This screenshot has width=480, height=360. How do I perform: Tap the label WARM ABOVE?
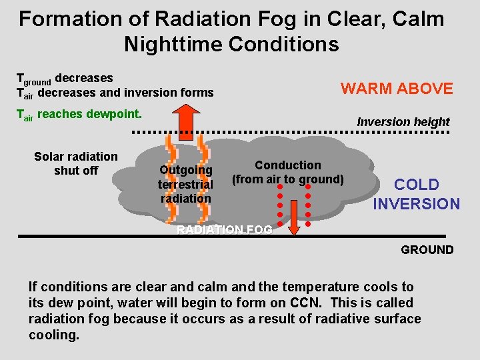(397, 89)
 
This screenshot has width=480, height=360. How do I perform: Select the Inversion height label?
(403, 122)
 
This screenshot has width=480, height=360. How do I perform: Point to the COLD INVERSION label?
(416, 194)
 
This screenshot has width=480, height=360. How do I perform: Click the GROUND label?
(427, 250)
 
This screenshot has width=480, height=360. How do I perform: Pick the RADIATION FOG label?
(224, 230)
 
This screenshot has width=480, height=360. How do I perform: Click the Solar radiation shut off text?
(75, 163)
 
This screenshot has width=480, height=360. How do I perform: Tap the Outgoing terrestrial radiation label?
(185, 184)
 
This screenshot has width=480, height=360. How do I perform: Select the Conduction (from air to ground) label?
(287, 172)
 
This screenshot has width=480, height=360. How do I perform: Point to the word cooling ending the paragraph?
(53, 335)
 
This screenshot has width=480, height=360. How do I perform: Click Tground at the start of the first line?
(33, 79)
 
